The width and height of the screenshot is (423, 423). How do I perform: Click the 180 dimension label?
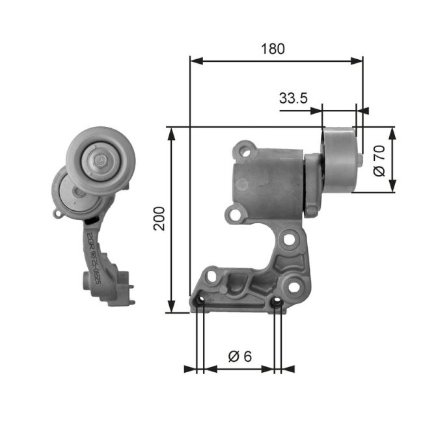tap(274, 48)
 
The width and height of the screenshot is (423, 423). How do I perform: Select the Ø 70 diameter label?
tap(381, 160)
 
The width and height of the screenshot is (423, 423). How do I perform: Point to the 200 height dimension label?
tap(159, 219)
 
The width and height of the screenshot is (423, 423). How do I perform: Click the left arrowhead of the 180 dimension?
tap(195, 61)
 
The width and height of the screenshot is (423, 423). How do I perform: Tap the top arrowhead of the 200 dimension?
tap(172, 132)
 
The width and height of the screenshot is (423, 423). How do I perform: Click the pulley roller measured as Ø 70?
tap(338, 159)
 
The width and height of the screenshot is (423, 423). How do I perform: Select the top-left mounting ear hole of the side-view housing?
tap(245, 151)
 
